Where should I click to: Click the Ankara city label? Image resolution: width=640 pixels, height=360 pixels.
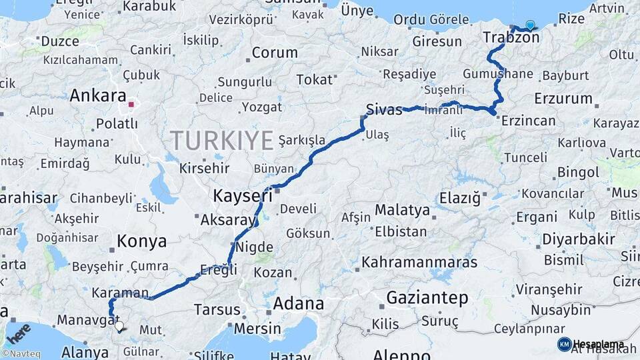pyautogui.click(x=97, y=95)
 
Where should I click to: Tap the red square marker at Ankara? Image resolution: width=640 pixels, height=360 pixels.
pyautogui.click(x=131, y=104)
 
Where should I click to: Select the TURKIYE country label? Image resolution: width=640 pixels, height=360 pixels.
pyautogui.click(x=221, y=141)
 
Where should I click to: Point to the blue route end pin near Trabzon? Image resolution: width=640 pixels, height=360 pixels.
pyautogui.click(x=530, y=25)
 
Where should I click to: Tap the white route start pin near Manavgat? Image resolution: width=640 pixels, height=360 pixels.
pyautogui.click(x=119, y=326)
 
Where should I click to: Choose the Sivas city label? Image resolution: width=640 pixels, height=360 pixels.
pyautogui.click(x=384, y=109)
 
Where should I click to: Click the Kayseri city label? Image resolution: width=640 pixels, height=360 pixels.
pyautogui.click(x=243, y=196)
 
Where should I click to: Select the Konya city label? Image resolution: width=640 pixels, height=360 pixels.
pyautogui.click(x=141, y=241)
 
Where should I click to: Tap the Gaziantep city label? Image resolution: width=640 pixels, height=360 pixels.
pyautogui.click(x=427, y=297)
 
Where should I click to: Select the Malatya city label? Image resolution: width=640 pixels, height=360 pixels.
pyautogui.click(x=402, y=211)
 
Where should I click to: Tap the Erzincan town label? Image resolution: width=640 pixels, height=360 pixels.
pyautogui.click(x=528, y=121)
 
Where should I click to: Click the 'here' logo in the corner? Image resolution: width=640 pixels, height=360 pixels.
pyautogui.click(x=18, y=331)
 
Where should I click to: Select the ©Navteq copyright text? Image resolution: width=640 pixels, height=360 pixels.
pyautogui.click(x=20, y=354)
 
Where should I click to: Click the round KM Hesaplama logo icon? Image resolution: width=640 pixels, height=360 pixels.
pyautogui.click(x=564, y=344)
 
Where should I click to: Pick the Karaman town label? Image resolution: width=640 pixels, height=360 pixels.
pyautogui.click(x=120, y=293)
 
